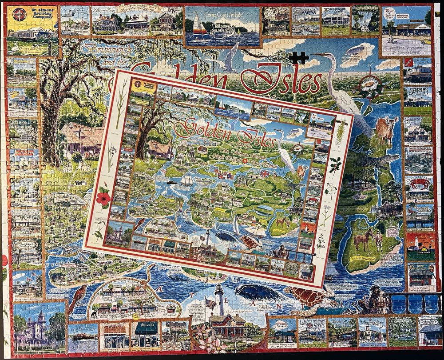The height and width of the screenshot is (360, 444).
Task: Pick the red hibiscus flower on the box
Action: (103, 199)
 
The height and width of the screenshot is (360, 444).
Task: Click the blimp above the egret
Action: (354, 50)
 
